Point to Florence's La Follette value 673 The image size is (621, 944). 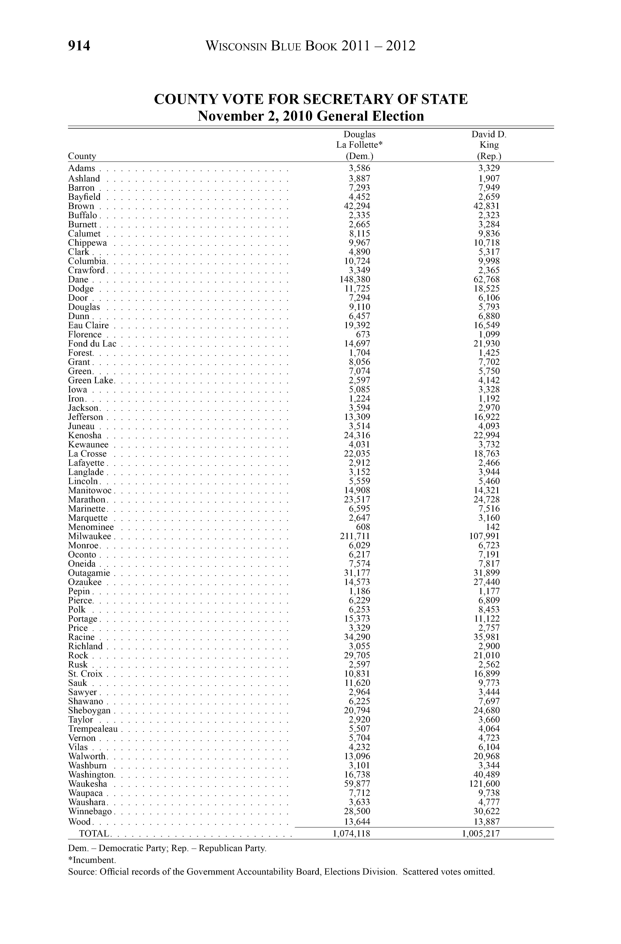[362, 334]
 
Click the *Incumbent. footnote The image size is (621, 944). [92, 860]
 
